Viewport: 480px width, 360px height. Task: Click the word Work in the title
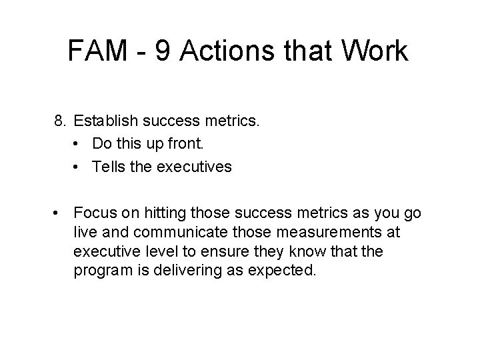pyautogui.click(x=375, y=52)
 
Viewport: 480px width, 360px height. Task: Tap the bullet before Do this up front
pyautogui.click(x=79, y=144)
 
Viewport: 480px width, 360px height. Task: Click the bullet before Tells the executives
pyautogui.click(x=79, y=167)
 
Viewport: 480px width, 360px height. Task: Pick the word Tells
pyautogui.click(x=108, y=167)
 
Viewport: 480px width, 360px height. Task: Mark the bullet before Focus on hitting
pyautogui.click(x=61, y=213)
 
